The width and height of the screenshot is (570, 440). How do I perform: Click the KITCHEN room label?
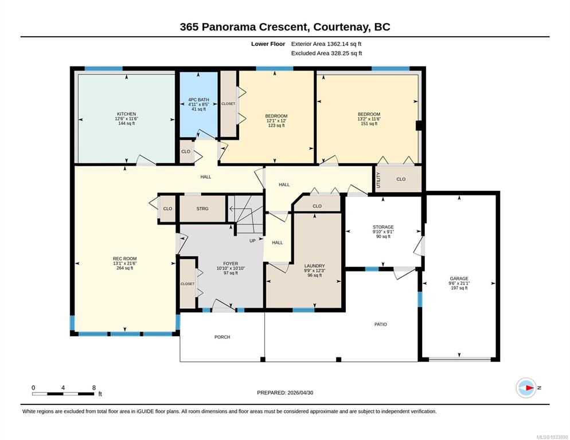[x=127, y=114]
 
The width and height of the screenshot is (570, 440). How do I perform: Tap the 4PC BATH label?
[x=198, y=100]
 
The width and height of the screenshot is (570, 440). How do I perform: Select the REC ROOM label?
[x=124, y=259]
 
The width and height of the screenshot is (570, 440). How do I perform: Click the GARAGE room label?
[x=459, y=278]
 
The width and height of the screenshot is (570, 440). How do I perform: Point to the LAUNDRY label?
[x=314, y=266]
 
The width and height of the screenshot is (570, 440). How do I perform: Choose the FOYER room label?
[x=231, y=264]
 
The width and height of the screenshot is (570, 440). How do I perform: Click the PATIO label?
[x=381, y=324]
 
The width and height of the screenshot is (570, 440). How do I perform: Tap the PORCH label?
[x=222, y=337]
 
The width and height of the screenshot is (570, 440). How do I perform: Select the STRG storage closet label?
[x=202, y=209]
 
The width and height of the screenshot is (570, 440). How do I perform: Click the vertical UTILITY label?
[x=378, y=180]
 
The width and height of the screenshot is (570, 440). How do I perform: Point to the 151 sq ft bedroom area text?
[x=369, y=124]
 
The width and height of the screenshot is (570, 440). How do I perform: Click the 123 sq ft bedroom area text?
[x=276, y=125]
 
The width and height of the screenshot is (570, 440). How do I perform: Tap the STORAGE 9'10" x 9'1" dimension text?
[x=383, y=231]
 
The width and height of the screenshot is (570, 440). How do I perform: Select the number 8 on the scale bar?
[x=94, y=388]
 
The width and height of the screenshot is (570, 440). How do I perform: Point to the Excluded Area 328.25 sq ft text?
[x=326, y=53]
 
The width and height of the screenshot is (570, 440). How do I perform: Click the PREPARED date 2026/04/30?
[x=300, y=392]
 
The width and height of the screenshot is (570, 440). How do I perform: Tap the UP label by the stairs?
[x=252, y=241]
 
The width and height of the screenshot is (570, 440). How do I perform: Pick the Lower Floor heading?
[x=268, y=44]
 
